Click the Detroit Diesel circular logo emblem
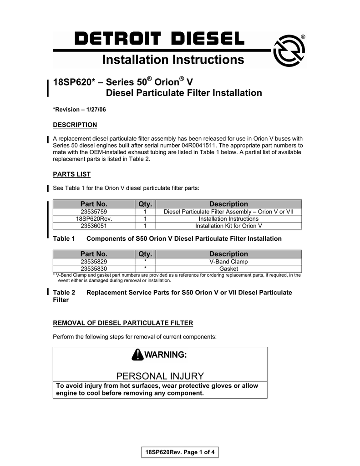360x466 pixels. coord(289,51)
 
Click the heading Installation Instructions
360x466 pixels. coord(173,60)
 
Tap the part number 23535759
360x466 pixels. coord(94,212)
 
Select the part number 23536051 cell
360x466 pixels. coord(94,225)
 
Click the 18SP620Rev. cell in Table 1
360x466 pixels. coord(94,218)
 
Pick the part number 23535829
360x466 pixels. coord(94,262)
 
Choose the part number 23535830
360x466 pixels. coord(94,268)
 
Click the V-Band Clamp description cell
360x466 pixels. coord(228,262)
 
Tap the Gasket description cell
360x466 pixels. coord(228,268)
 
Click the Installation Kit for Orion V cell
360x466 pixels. coord(228,225)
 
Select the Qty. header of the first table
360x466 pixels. coord(145,204)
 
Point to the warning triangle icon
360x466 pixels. coord(137,355)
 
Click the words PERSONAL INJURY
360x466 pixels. coord(160,376)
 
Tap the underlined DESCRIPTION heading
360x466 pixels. coord(75,125)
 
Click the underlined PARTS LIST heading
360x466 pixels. coord(72,174)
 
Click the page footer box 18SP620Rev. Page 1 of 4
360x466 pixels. coord(180,452)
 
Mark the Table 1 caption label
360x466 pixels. coord(64,238)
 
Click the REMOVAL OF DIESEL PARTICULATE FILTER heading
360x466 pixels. coord(123,323)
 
